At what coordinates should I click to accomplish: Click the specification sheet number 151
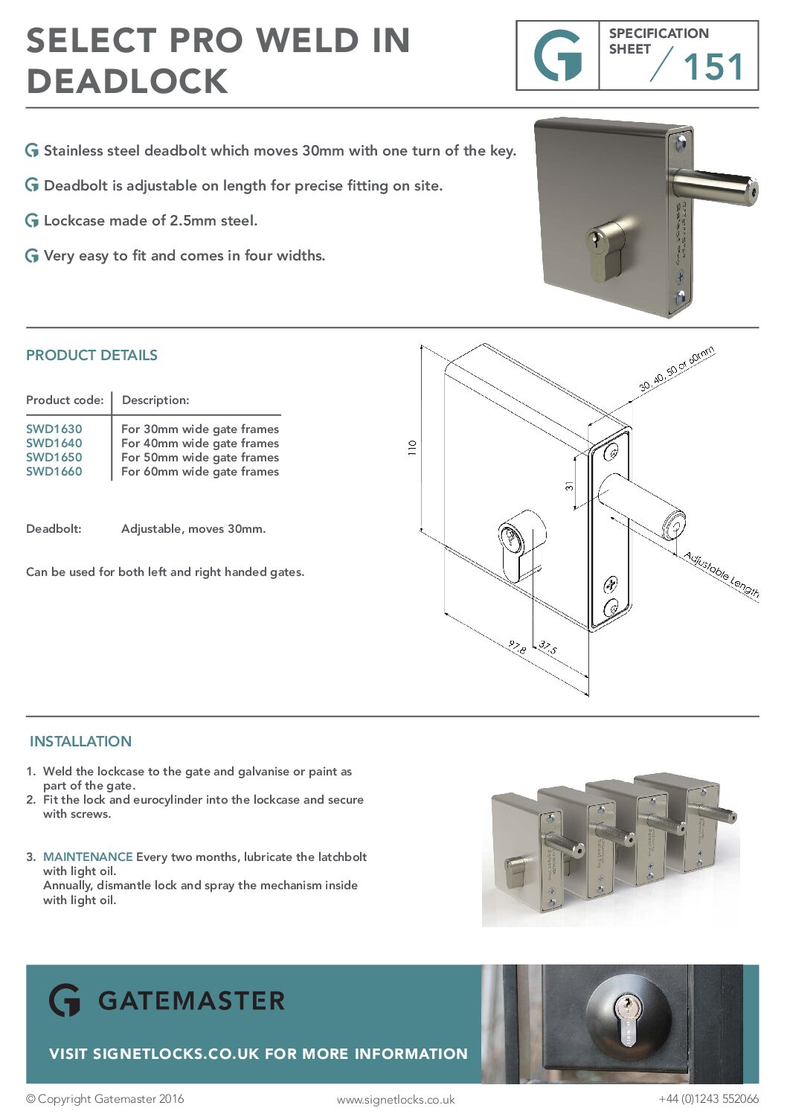pyautogui.click(x=713, y=67)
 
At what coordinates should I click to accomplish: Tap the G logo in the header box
pyautogui.click(x=558, y=56)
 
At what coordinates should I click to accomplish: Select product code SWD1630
pyautogui.click(x=54, y=429)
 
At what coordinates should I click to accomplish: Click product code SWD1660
pyautogui.click(x=54, y=471)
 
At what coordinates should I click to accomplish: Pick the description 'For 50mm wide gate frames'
pyautogui.click(x=200, y=457)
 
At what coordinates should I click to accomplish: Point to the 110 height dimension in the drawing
pyautogui.click(x=412, y=447)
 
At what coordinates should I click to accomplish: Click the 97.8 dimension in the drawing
pyautogui.click(x=518, y=646)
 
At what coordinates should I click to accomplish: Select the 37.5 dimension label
pyautogui.click(x=547, y=647)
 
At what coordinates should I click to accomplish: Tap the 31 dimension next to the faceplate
pyautogui.click(x=569, y=486)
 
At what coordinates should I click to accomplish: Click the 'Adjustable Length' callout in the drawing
pyautogui.click(x=721, y=574)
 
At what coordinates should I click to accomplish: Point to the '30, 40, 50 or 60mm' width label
pyautogui.click(x=676, y=369)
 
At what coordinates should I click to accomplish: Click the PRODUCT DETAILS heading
pyautogui.click(x=91, y=355)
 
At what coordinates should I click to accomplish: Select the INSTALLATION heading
pyautogui.click(x=80, y=741)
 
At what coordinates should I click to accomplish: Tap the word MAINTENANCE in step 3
pyautogui.click(x=88, y=857)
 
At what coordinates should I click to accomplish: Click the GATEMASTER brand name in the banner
pyautogui.click(x=191, y=1001)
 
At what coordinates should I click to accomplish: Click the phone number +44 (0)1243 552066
pyautogui.click(x=708, y=1098)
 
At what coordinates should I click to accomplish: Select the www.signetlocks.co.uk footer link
pyautogui.click(x=396, y=1099)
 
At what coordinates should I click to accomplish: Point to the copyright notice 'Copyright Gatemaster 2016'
pyautogui.click(x=105, y=1098)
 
